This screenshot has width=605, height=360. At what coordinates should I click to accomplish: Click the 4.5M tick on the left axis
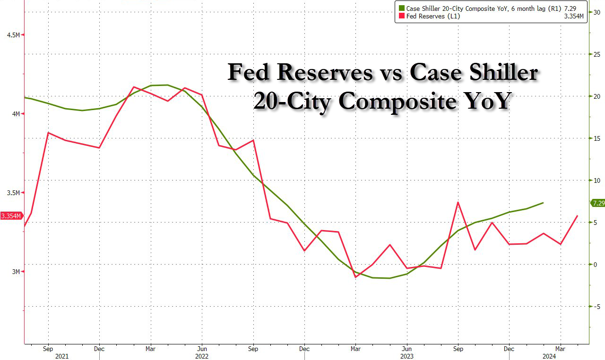[13, 35]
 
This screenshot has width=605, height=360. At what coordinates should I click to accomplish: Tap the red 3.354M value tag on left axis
[11, 216]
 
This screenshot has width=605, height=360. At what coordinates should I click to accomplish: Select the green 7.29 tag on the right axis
[597, 203]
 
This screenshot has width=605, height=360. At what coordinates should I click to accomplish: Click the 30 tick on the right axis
[597, 12]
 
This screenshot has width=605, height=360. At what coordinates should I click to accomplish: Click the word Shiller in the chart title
[501, 73]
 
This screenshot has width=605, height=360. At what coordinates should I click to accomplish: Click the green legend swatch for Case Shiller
[402, 8]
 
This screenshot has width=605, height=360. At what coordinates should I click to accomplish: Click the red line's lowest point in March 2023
[355, 277]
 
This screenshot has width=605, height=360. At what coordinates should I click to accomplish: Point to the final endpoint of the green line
[543, 203]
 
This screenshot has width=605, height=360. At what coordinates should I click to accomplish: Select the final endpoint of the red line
[578, 216]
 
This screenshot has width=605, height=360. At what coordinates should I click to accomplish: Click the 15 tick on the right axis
[597, 138]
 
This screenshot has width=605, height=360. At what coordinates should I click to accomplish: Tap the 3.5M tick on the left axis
[13, 193]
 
